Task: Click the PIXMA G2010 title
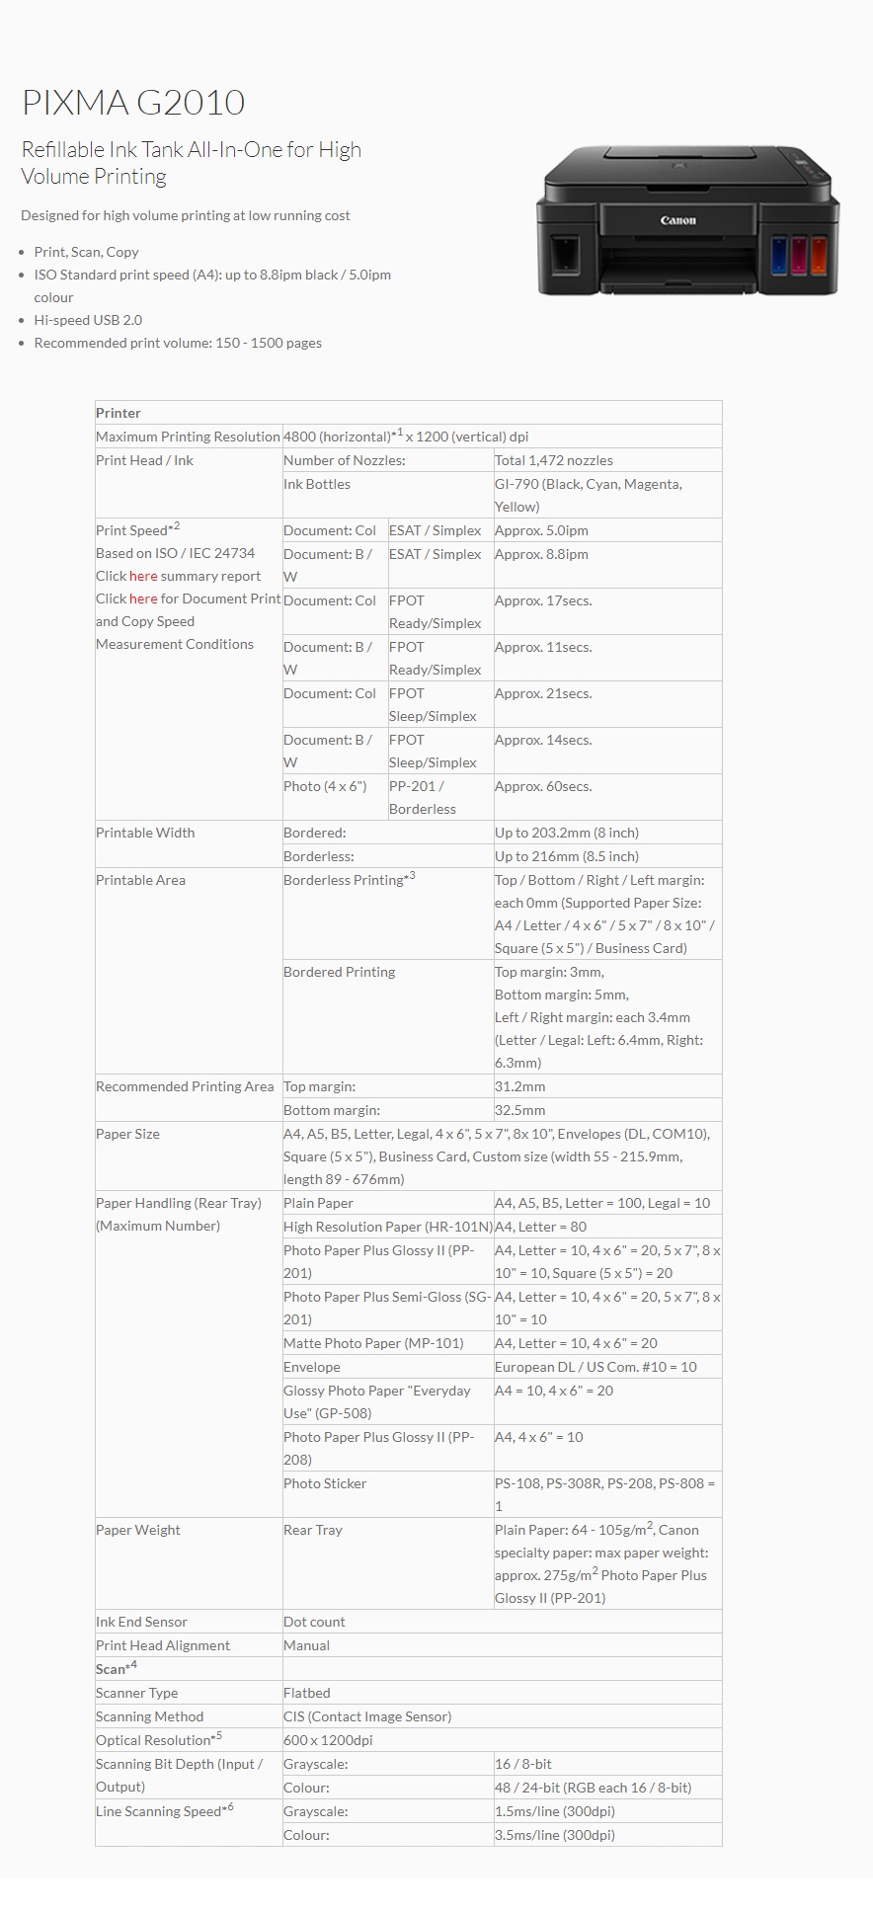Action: tap(133, 103)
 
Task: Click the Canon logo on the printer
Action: tap(678, 221)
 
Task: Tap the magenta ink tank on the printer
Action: tap(799, 254)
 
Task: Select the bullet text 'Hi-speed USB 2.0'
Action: tap(88, 320)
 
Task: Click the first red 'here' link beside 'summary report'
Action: tap(143, 576)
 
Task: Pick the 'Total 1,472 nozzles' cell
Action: tap(554, 460)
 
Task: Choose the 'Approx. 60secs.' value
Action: tap(543, 786)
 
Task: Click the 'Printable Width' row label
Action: tap(145, 833)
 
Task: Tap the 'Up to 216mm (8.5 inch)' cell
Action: tap(567, 856)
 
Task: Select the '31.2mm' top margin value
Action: tap(520, 1086)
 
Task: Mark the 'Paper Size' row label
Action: tap(127, 1134)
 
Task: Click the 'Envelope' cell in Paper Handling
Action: tap(312, 1367)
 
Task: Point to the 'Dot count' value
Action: tap(314, 1622)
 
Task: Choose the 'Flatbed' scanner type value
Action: tap(307, 1693)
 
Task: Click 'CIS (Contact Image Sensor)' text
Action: tap(367, 1716)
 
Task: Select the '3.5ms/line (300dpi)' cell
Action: tap(555, 1835)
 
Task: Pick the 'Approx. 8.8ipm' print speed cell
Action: tap(541, 554)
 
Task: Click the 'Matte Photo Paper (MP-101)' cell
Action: tap(373, 1343)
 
